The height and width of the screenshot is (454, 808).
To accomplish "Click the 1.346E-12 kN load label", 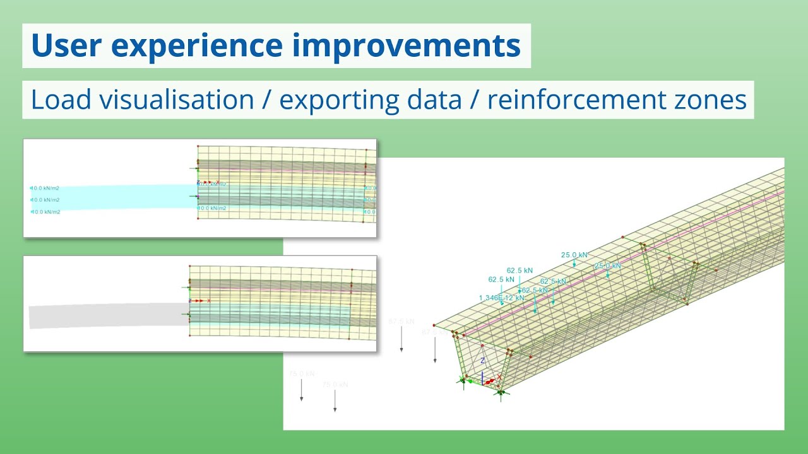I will [501, 298].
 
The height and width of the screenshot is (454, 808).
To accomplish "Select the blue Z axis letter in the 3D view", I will [482, 361].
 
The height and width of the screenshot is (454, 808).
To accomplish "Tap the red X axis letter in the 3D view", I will [499, 376].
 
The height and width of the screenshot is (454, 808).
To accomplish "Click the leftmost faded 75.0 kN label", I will [302, 374].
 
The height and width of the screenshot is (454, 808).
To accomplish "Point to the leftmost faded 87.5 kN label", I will [401, 322].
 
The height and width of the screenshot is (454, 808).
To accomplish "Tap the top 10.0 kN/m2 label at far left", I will [45, 188].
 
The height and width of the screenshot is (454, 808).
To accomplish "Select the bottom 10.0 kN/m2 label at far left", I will [45, 212].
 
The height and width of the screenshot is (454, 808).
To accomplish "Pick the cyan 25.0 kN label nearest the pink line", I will [607, 266].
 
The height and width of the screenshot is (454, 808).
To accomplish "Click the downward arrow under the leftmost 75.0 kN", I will [302, 391].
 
